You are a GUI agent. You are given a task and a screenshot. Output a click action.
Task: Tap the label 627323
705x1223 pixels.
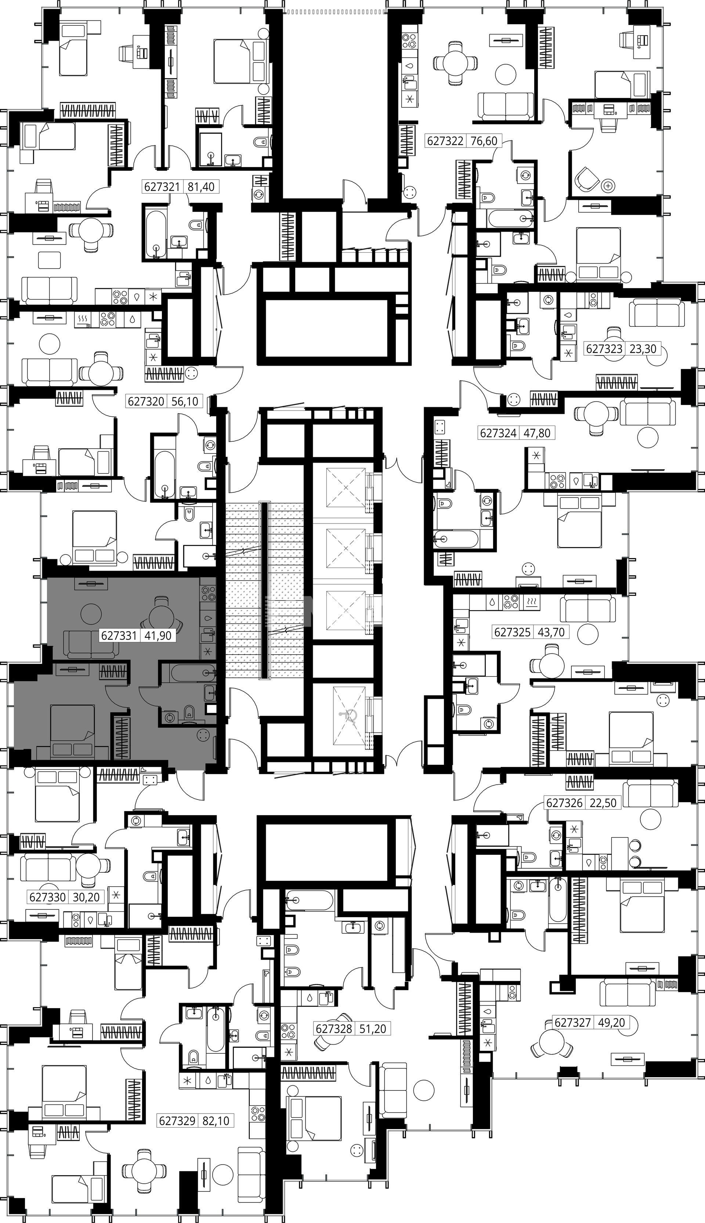tap(604, 348)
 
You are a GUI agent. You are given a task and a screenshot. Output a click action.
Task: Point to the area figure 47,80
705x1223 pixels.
tap(538, 433)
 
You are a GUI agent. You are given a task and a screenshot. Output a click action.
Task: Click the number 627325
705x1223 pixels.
tap(512, 632)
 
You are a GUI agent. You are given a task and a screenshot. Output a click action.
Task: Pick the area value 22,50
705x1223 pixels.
tap(603, 803)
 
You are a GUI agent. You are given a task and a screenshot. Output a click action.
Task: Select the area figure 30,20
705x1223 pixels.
tap(86, 897)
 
